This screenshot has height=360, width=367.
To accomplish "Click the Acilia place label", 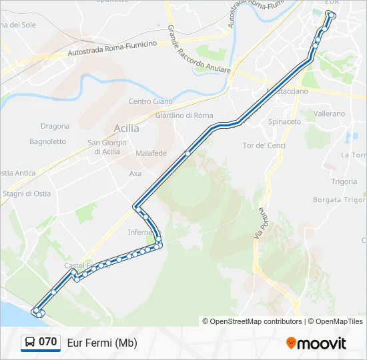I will [127, 128].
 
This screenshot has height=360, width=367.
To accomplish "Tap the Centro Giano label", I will [150, 102].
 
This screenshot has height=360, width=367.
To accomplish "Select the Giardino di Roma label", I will [183, 115].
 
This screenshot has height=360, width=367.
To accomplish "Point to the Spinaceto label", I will [284, 122].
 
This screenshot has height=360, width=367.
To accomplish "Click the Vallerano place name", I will [330, 114].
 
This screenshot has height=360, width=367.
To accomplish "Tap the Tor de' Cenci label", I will [264, 145].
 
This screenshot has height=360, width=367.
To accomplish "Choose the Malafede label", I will [151, 153].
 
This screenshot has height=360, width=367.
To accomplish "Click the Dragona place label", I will [55, 126].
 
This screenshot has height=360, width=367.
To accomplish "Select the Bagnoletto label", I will [48, 141].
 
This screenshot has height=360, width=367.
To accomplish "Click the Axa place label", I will [135, 173].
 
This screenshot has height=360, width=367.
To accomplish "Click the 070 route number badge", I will [47, 342].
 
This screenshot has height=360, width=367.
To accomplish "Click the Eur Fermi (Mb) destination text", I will [102, 343].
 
